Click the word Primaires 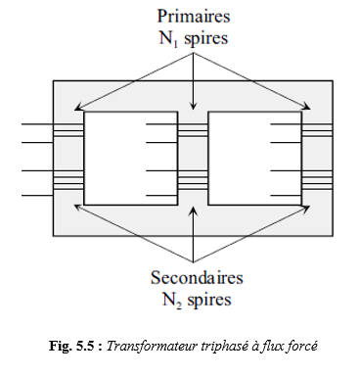pos(194,17)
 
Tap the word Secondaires pos(197,278)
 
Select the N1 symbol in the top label pos(169,39)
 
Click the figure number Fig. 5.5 pos(75,346)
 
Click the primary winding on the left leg pos(68,130)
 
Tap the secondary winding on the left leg pos(68,180)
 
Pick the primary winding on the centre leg pos(193,130)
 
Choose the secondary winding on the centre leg pos(193,180)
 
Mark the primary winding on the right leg pos(317,130)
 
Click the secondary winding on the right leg pos(317,180)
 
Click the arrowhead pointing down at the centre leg pos(194,106)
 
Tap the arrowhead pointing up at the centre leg pos(194,211)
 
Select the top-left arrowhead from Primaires pos(78,107)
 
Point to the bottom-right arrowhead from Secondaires pos(306,208)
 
